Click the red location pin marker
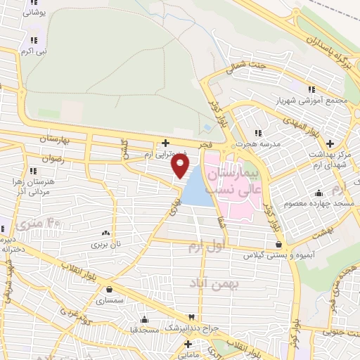[x=181, y=165]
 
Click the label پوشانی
[x=34, y=13]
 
